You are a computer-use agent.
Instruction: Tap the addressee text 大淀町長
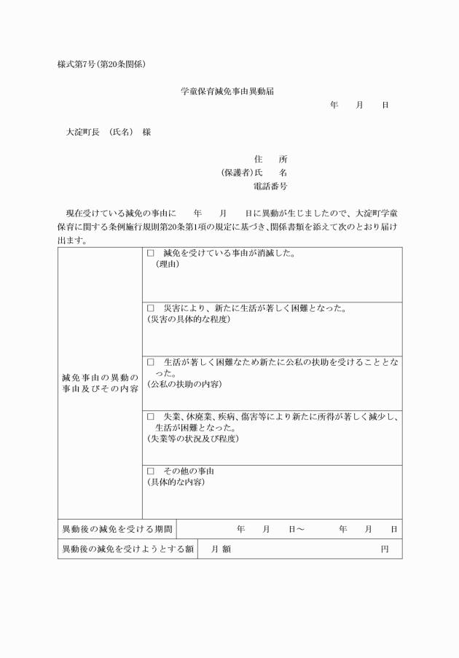[82, 133]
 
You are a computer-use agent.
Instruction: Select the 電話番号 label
[270, 187]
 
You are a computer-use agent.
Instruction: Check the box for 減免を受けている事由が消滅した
[151, 254]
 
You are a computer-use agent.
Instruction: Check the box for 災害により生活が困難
[151, 308]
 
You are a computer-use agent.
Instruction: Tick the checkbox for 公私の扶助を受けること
[151, 362]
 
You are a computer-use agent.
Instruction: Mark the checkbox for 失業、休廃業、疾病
[151, 417]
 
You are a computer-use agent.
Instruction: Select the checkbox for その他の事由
[151, 471]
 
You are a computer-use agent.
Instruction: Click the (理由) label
[167, 264]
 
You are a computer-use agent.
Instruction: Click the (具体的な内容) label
[176, 482]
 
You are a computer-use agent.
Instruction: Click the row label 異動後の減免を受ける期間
[117, 529]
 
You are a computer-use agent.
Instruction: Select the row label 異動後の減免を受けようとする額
[127, 549]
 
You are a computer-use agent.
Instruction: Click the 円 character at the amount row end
[385, 549]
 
